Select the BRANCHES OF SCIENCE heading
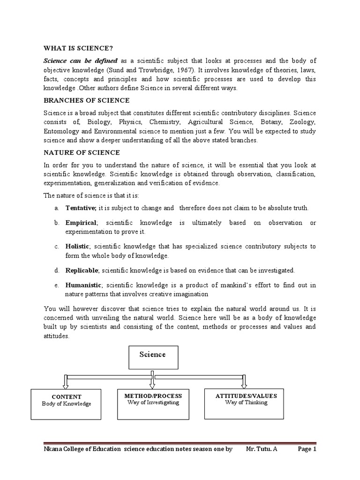[x=87, y=100]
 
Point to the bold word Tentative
[x=81, y=208]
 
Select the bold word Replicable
[x=82, y=270]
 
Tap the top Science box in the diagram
[x=152, y=358]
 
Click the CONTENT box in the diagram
[x=66, y=404]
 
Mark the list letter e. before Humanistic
[x=56, y=285]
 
